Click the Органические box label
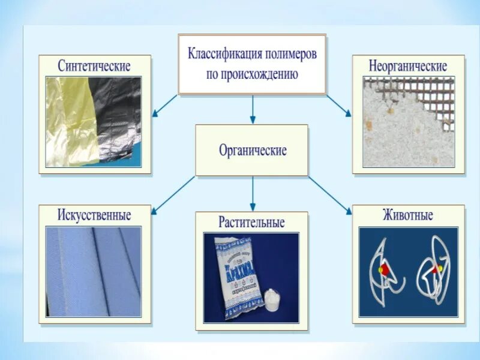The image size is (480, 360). (252, 150)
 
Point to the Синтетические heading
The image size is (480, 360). (94, 65)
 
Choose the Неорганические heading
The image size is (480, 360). (408, 66)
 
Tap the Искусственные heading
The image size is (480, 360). (94, 215)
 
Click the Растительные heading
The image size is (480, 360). (251, 222)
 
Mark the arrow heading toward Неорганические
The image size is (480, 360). (340, 104)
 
